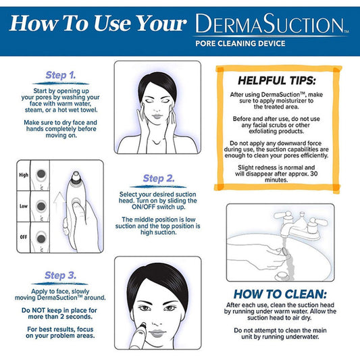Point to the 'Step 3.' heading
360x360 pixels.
(x=64, y=275)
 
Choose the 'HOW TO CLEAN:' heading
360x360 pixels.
(x=281, y=294)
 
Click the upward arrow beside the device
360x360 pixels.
(x=57, y=201)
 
